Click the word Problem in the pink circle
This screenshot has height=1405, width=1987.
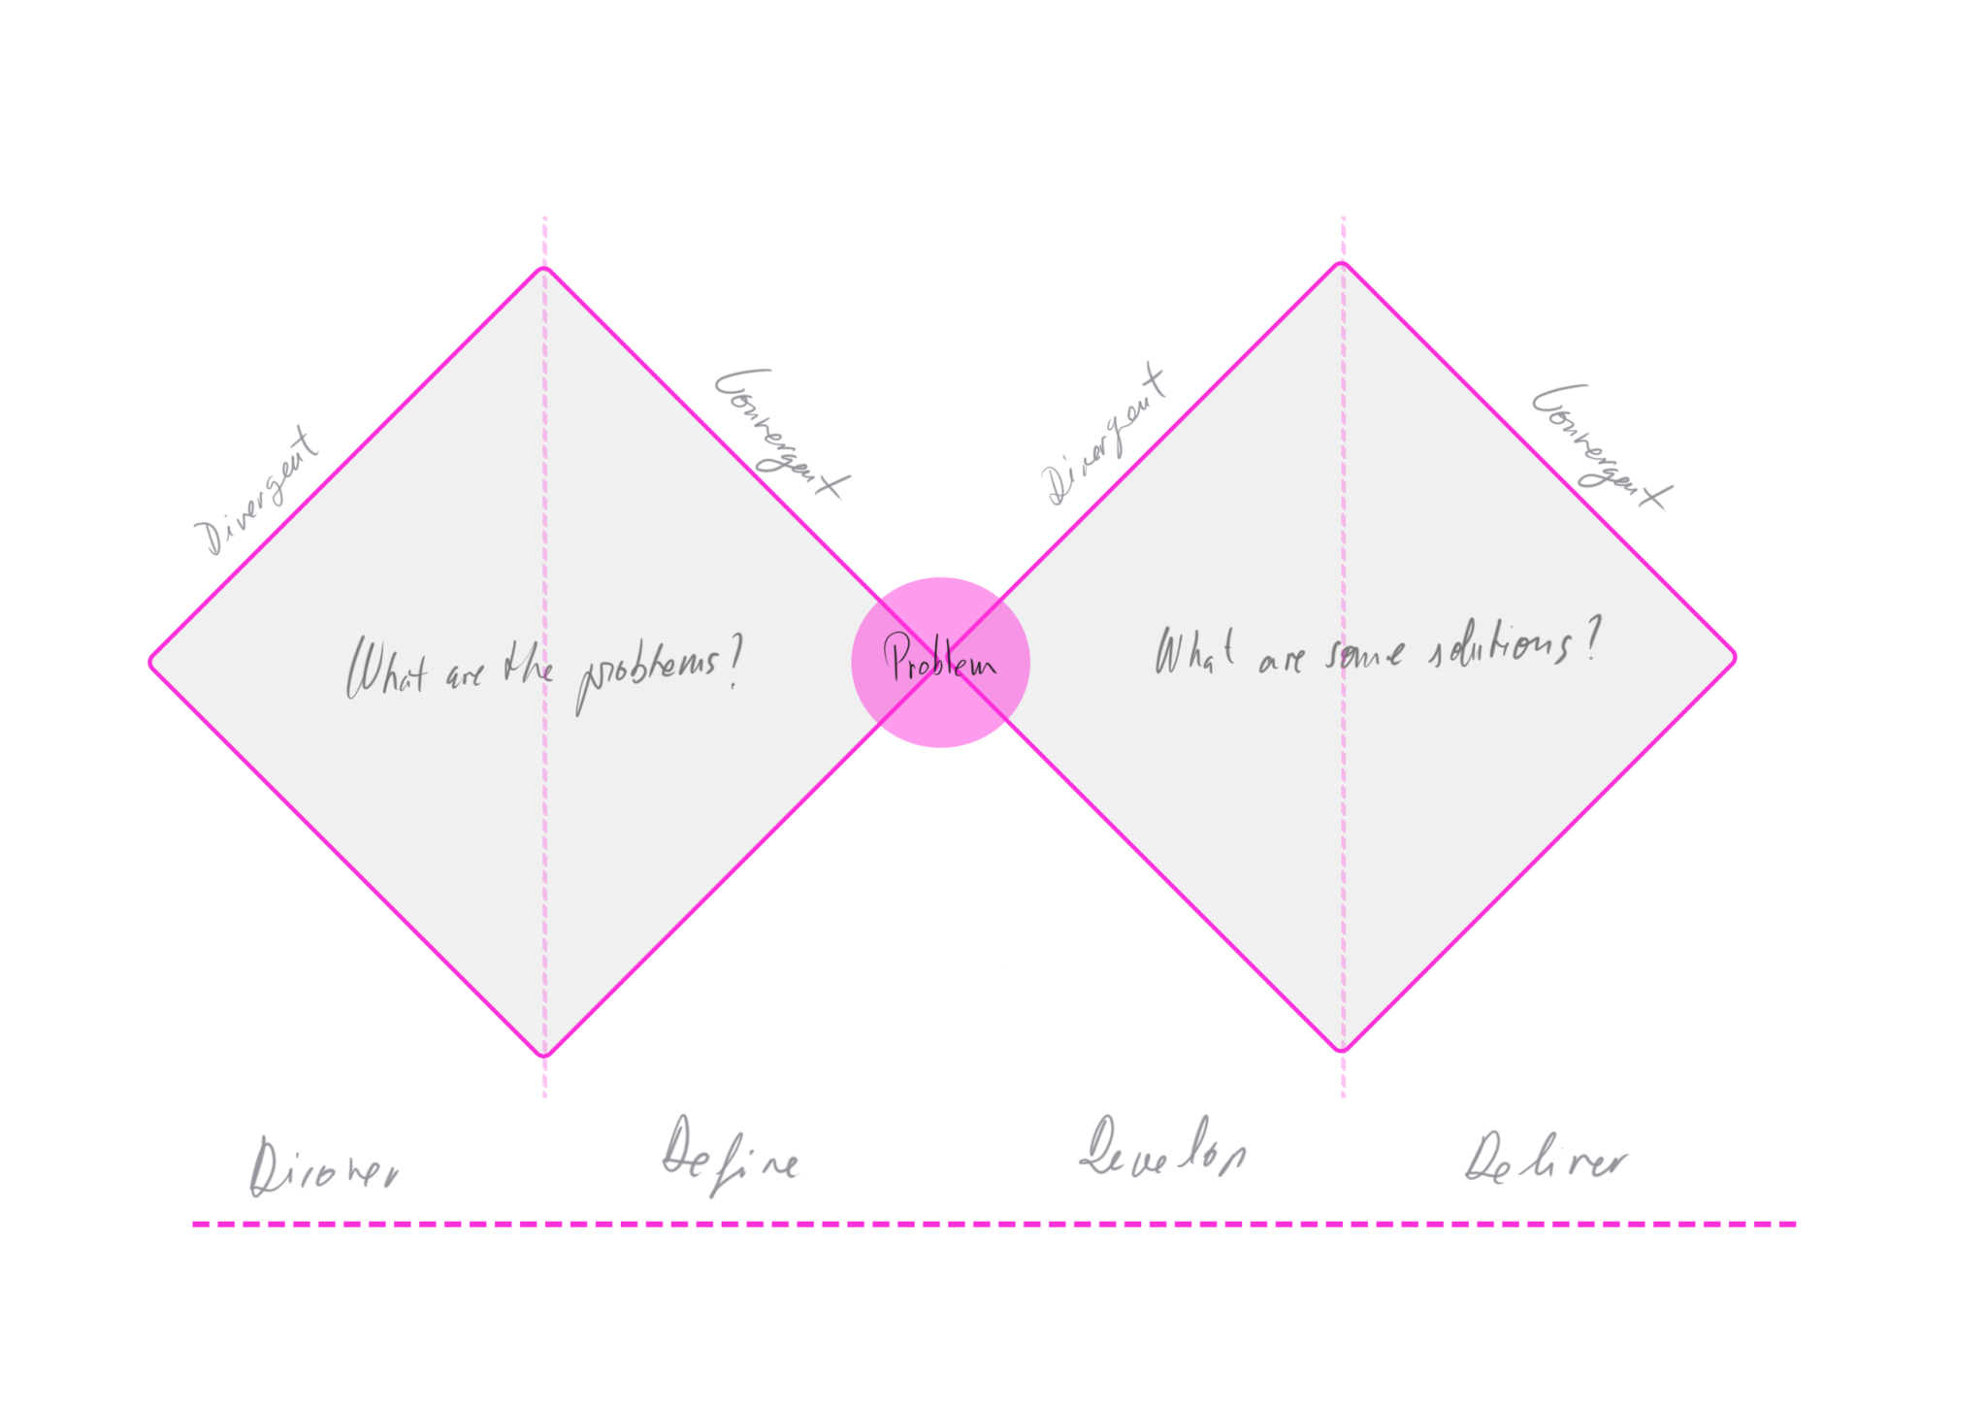(x=939, y=660)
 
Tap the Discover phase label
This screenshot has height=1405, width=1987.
(x=323, y=1168)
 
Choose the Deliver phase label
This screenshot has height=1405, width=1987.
(x=1547, y=1159)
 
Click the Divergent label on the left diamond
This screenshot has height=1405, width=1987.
(x=256, y=491)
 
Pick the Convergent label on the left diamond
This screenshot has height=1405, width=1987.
(x=782, y=433)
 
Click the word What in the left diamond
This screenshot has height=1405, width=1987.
(x=386, y=667)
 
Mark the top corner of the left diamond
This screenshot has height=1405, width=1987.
(x=544, y=268)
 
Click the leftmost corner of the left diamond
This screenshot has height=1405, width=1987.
(x=151, y=663)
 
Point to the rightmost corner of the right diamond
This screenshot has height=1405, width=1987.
(x=1735, y=658)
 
